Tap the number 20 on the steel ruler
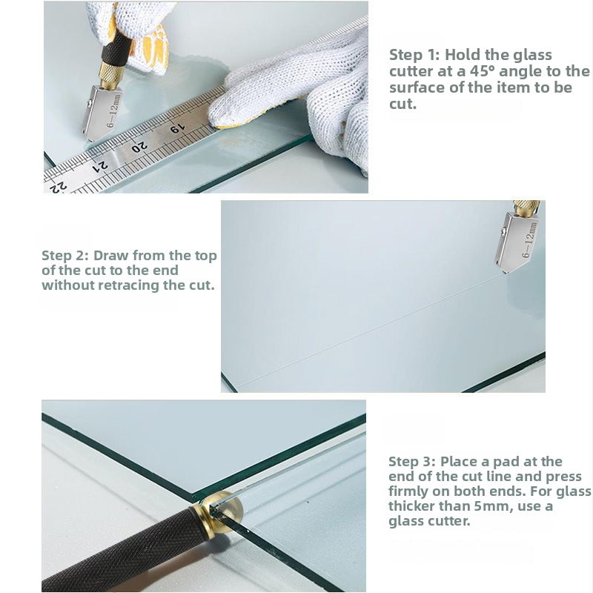point(139,146)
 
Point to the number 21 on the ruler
point(100,166)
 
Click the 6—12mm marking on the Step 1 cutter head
point(113,110)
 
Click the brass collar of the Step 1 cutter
point(110,76)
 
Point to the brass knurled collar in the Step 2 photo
point(526,209)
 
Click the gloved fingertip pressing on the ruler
point(221,113)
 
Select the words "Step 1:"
point(414,55)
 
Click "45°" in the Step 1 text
point(483,71)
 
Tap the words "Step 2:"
point(65,256)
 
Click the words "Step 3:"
point(412,462)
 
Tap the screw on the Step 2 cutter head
point(503,231)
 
